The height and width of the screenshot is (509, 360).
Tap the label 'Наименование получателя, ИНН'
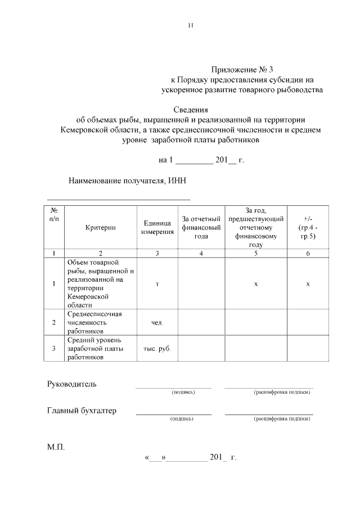(127, 181)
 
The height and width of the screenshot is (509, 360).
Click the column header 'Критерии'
(101, 227)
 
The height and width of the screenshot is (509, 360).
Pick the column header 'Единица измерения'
(157, 227)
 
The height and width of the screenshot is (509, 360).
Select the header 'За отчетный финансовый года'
(201, 227)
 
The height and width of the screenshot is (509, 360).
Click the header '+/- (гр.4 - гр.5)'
(308, 227)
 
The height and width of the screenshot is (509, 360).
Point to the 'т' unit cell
(157, 284)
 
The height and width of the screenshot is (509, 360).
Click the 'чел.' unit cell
(157, 323)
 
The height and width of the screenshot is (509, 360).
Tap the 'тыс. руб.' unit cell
(157, 348)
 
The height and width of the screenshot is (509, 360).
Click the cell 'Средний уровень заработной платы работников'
(94, 348)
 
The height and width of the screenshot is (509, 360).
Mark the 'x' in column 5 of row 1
(255, 284)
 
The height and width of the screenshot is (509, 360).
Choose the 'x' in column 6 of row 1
(308, 284)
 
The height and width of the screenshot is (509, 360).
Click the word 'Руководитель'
(71, 384)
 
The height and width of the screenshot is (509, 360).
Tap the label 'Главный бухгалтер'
(82, 411)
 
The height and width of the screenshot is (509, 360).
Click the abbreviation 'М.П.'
(56, 448)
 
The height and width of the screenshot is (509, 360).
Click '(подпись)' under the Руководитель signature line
(183, 392)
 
